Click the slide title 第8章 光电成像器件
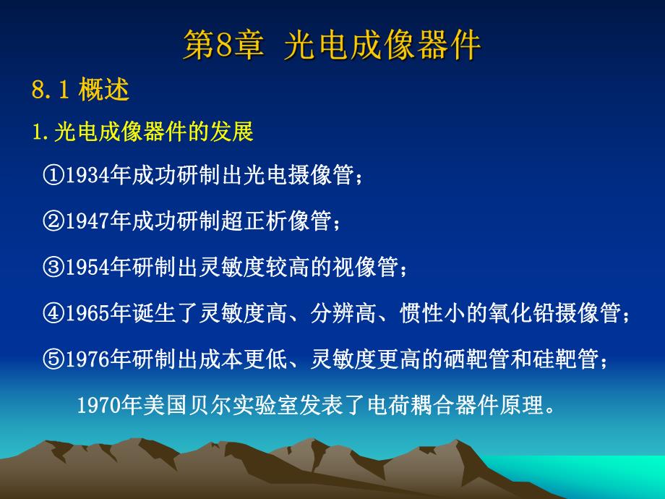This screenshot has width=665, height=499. [332, 45]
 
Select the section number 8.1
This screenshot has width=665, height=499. [49, 90]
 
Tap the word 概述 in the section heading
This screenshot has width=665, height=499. [104, 90]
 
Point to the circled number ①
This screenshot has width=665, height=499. [54, 175]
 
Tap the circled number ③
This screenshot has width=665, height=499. [54, 267]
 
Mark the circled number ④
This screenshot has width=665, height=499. [54, 312]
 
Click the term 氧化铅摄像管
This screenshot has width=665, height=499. [561, 312]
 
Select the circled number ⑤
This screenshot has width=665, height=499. [54, 358]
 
